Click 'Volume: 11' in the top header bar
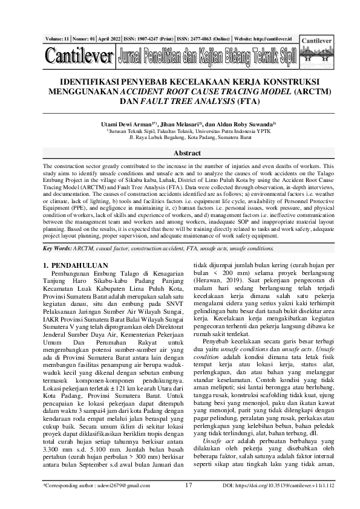[x=57, y=38]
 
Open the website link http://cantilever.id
[x=271, y=38]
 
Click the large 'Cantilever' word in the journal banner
[x=79, y=57]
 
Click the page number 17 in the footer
[x=188, y=501]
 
